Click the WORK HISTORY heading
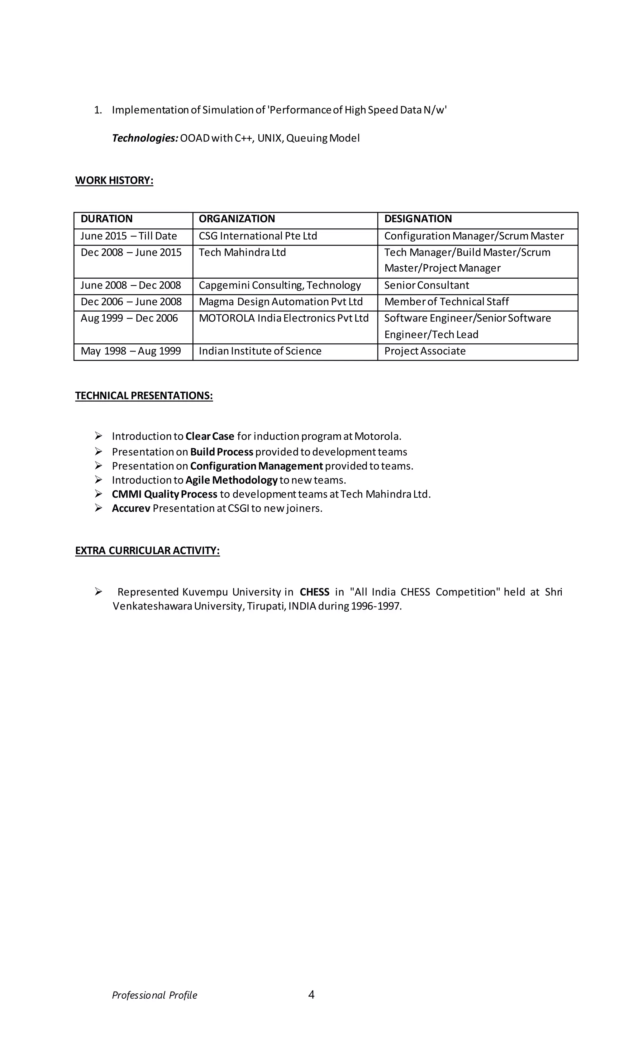tap(114, 180)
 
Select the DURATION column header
tap(106, 219)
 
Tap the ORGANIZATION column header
tap(237, 219)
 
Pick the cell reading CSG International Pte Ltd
tap(258, 236)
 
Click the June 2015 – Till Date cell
tap(128, 236)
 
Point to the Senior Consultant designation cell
tap(426, 285)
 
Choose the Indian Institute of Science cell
tap(260, 351)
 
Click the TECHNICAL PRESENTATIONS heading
tap(144, 396)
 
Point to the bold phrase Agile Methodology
tap(231, 480)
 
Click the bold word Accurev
tap(131, 509)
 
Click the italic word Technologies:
tap(145, 138)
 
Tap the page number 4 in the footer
tap(311, 995)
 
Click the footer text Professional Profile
tap(155, 996)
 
